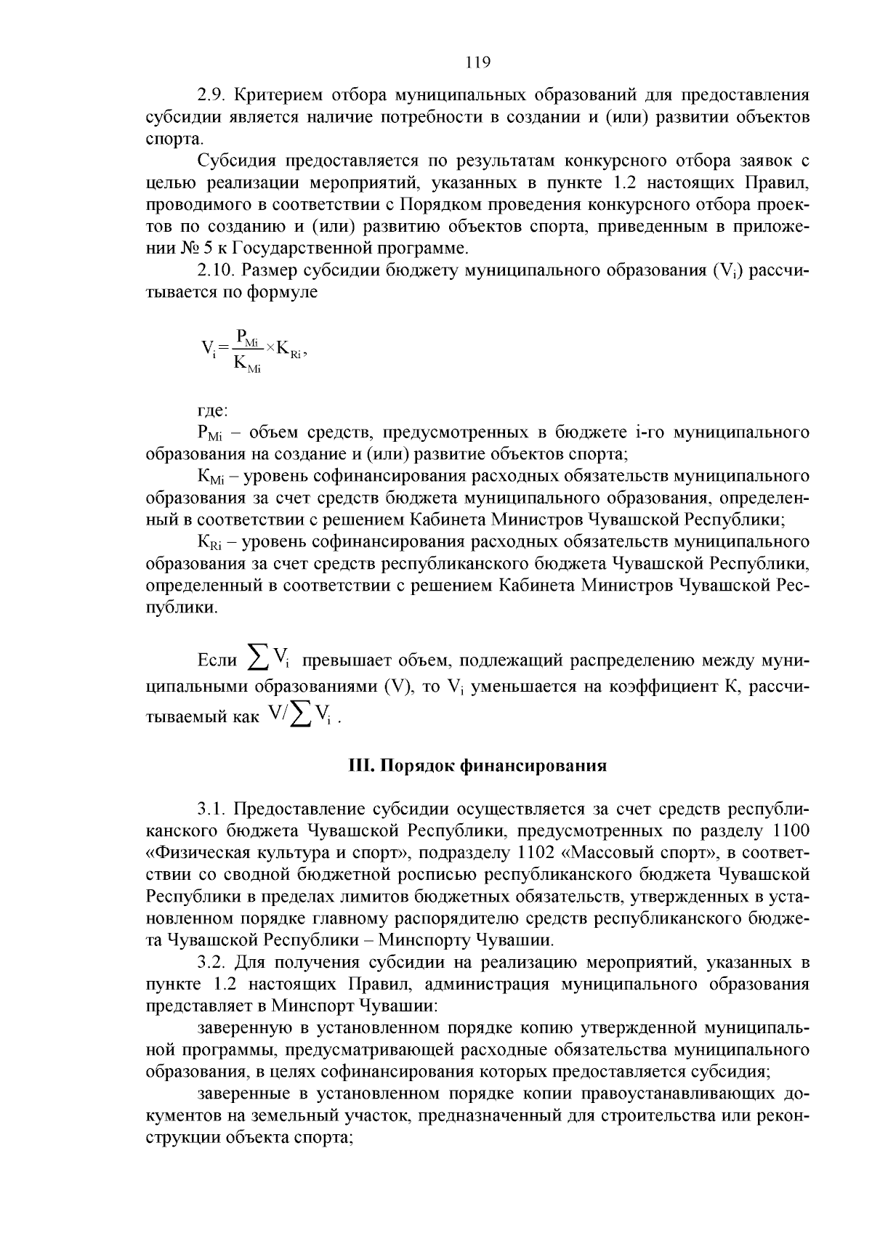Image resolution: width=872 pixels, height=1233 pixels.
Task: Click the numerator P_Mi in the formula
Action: pyautogui.click(x=246, y=338)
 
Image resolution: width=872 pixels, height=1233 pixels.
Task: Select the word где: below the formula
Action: pyautogui.click(x=212, y=411)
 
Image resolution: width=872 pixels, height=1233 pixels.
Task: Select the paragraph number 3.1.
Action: pyautogui.click(x=212, y=809)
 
